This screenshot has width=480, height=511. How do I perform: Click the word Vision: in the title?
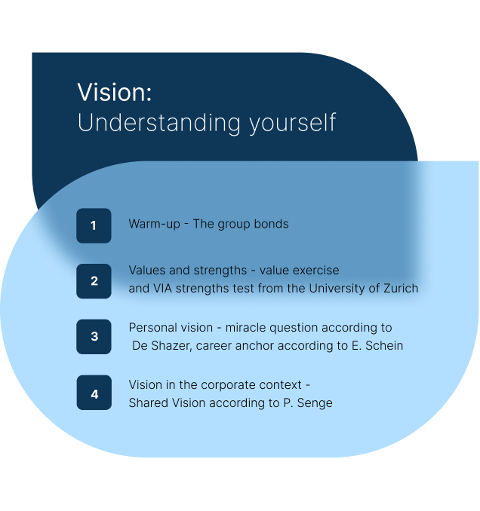coord(115,92)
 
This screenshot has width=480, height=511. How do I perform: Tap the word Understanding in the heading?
coord(159,123)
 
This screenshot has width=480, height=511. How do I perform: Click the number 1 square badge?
coord(94,225)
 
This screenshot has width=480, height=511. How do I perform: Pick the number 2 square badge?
coord(94,281)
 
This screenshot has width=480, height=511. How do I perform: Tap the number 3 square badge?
coord(94,336)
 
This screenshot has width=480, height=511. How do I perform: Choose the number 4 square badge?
coord(94,393)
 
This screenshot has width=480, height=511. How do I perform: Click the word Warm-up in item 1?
coord(155,224)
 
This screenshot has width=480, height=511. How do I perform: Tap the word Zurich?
coord(401,289)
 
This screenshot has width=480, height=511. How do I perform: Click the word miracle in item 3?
coord(246,328)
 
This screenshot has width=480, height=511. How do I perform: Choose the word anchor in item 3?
coord(255,346)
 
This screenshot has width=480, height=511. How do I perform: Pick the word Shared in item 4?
coord(149,403)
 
